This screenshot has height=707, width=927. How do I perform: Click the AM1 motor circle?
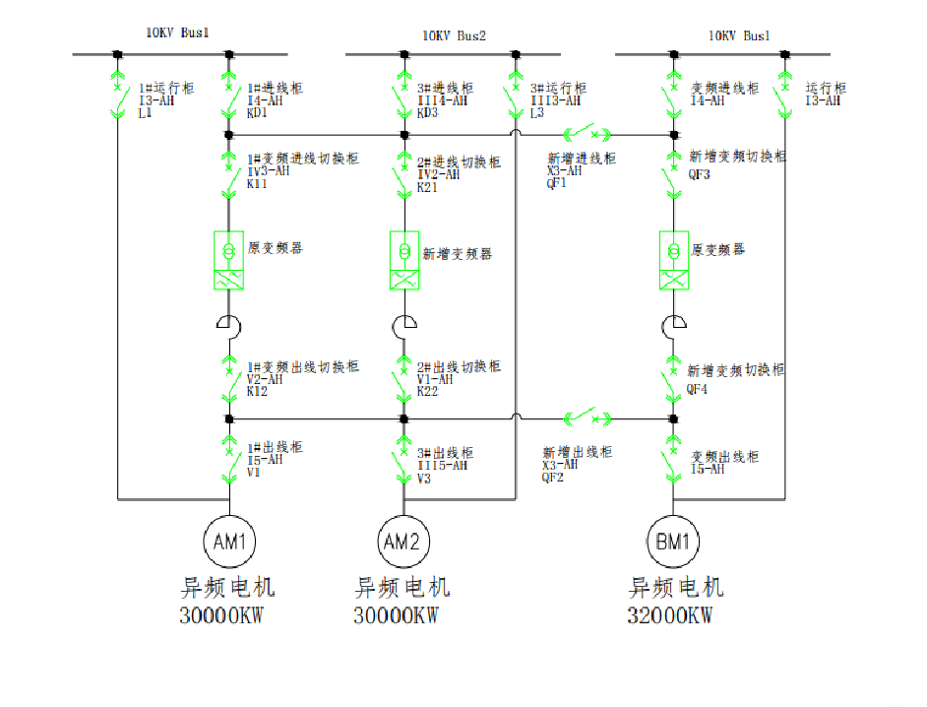pyautogui.click(x=228, y=541)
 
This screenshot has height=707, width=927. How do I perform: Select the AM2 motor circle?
pyautogui.click(x=403, y=541)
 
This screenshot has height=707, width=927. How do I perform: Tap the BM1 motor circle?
pyautogui.click(x=673, y=541)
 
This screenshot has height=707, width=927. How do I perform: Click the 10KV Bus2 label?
pyautogui.click(x=455, y=36)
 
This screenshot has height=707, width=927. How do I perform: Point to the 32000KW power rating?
pyautogui.click(x=669, y=617)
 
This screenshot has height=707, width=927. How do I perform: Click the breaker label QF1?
pyautogui.click(x=558, y=182)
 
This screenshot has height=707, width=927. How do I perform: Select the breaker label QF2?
pyautogui.click(x=553, y=477)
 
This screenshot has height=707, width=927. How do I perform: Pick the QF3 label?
pyautogui.click(x=700, y=176)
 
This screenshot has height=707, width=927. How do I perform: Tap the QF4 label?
pyautogui.click(x=699, y=389)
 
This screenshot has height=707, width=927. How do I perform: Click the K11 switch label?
pyautogui.click(x=258, y=183)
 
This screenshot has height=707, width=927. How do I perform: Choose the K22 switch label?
pyautogui.click(x=428, y=391)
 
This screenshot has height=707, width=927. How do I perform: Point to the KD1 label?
pyautogui.click(x=259, y=113)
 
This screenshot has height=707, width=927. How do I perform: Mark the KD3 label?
pyautogui.click(x=428, y=113)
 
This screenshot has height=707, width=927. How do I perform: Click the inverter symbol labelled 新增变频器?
pyautogui.click(x=403, y=260)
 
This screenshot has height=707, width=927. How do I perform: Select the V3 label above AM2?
pyautogui.click(x=424, y=479)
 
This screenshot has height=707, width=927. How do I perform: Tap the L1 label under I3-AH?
pyautogui.click(x=146, y=113)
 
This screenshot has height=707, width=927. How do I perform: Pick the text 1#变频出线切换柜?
pyautogui.click(x=302, y=366)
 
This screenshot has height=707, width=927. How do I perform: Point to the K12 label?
pyautogui.click(x=258, y=391)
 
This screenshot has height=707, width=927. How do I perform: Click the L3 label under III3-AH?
pyautogui.click(x=537, y=113)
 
